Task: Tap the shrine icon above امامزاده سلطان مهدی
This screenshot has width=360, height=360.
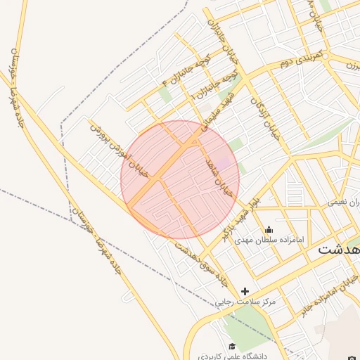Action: pos(269,230)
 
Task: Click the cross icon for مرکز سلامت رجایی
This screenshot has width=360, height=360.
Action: pos(245,291)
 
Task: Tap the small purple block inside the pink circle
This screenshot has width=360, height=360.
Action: pos(224,164)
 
